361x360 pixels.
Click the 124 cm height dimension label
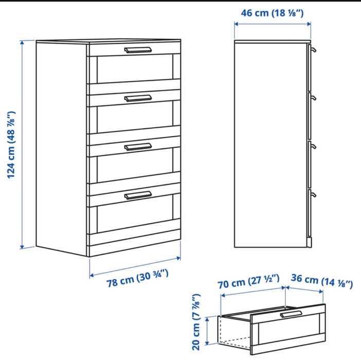coord(11,145)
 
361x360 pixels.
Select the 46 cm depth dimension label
coord(273,12)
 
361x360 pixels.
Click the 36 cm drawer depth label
coord(322,282)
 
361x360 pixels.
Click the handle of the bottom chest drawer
coord(138,195)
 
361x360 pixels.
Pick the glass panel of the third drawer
coord(135,168)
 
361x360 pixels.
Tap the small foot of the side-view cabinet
coord(310,242)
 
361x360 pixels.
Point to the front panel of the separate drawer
coord(288,332)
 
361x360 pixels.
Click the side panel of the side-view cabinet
coord(270,144)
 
